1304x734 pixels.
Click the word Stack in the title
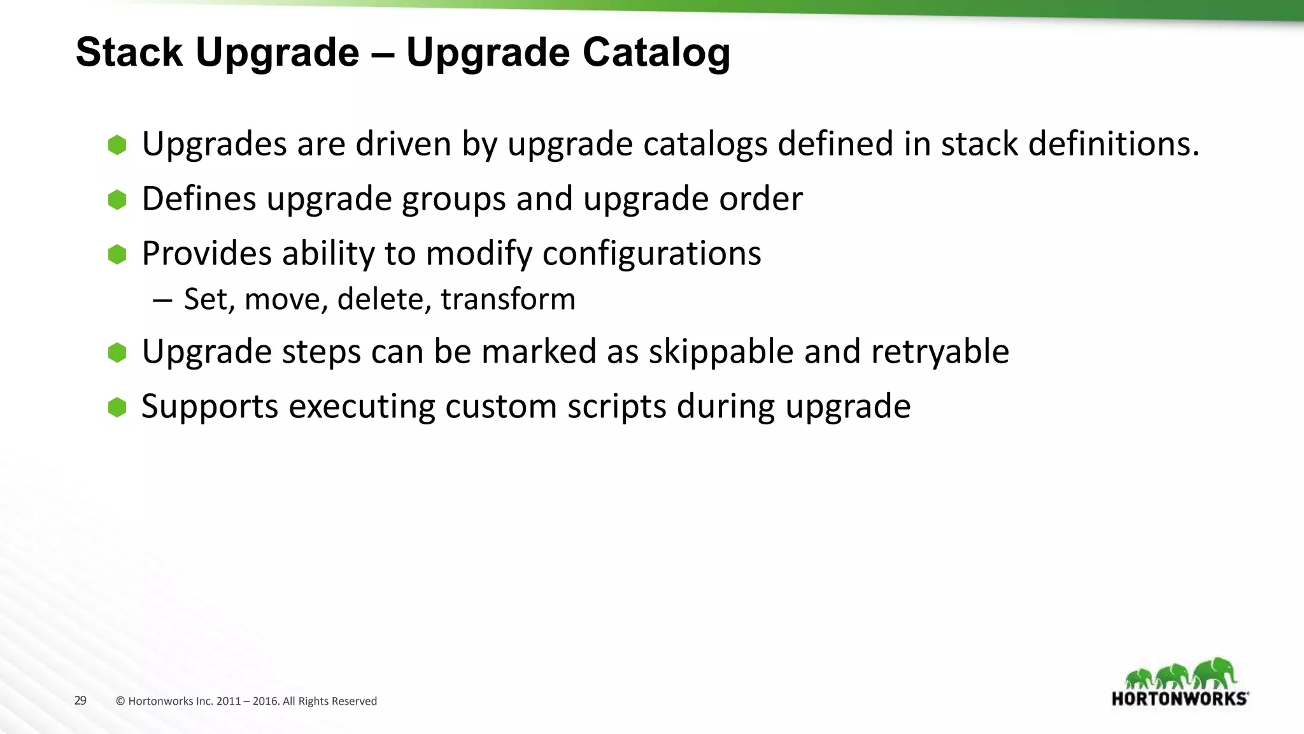129,52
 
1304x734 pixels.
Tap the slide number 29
80,701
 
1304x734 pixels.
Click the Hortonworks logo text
1180,699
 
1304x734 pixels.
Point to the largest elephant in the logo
1215,673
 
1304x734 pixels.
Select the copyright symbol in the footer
120,702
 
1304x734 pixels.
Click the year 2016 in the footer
265,702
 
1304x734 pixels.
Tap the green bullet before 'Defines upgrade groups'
117,200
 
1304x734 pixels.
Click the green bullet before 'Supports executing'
117,407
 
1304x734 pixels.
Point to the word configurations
651,254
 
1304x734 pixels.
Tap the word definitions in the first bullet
1114,144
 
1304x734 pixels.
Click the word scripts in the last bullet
616,407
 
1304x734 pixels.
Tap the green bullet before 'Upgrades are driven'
117,145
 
